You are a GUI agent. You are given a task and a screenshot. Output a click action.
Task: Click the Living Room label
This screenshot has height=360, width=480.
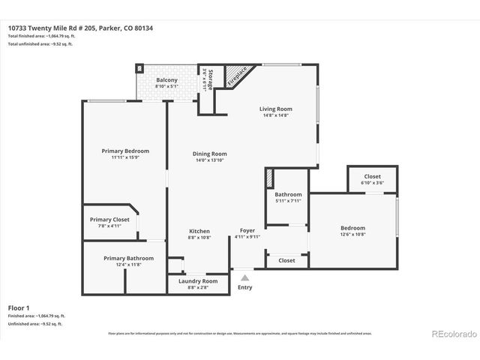click(x=274, y=109)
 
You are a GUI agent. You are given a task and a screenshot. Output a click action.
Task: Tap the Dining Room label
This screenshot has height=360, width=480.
click(x=210, y=153)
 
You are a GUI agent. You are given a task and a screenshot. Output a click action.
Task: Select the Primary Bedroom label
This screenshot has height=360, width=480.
click(x=125, y=151)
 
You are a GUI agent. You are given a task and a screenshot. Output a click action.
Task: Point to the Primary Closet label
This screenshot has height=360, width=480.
click(x=109, y=219)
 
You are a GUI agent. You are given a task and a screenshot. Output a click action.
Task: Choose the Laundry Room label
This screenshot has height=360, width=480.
click(x=199, y=280)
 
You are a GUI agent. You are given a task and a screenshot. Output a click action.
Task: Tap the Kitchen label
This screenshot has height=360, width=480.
click(x=199, y=231)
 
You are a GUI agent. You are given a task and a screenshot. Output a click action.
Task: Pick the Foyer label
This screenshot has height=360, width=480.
click(x=247, y=230)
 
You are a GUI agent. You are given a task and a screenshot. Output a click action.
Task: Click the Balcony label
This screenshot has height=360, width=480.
click(x=166, y=80)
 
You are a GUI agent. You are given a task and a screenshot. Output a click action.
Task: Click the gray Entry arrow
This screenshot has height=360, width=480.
click(x=244, y=277)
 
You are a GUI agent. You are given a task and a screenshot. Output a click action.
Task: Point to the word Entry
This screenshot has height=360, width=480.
click(x=244, y=287)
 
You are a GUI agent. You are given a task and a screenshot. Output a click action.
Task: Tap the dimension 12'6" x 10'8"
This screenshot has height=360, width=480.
click(x=352, y=234)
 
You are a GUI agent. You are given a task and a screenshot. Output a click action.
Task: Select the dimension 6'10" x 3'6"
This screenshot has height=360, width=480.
click(x=372, y=182)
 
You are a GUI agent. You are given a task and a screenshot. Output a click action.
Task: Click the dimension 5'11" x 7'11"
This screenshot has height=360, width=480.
click(x=287, y=200)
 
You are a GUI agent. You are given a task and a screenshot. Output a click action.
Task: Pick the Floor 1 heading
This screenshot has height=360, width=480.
click(x=19, y=307)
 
